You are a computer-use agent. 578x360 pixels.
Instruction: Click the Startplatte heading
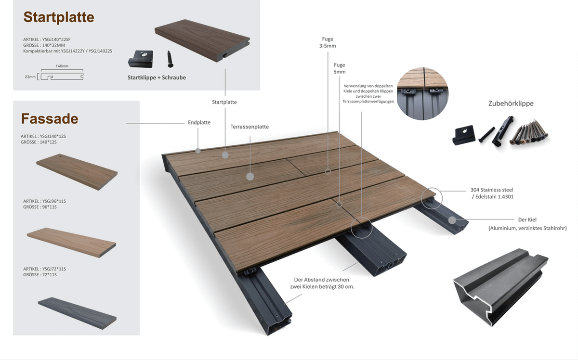[59, 17]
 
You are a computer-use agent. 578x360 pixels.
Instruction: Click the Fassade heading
[50, 118]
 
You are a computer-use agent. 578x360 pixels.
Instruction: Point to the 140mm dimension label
[62, 66]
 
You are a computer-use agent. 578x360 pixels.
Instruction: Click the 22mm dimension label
[30, 77]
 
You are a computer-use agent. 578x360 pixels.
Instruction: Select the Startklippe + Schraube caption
[157, 77]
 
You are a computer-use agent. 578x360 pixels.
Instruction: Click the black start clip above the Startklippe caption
[141, 59]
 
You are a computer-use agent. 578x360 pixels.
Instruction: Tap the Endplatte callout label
[199, 123]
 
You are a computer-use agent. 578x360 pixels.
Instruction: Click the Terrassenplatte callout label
[250, 127]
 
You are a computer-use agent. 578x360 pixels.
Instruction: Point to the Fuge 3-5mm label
[328, 42]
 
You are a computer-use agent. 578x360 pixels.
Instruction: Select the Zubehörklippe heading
[511, 103]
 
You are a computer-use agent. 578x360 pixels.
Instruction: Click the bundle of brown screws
[529, 132]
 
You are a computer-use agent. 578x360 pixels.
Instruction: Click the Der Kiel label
[527, 220]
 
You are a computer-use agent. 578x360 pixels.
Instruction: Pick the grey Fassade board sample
[77, 313]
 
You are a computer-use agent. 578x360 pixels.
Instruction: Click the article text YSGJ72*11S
[44, 269]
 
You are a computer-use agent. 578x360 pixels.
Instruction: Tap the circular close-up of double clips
[422, 94]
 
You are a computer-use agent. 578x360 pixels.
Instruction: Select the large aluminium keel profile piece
[500, 287]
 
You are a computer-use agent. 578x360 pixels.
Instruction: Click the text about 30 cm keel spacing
[322, 283]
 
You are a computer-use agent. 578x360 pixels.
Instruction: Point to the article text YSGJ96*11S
[44, 201]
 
